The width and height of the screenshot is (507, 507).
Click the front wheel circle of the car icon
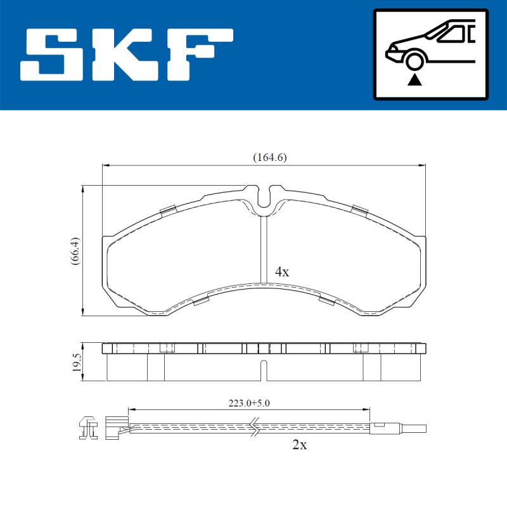415,61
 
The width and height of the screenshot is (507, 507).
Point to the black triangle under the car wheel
415,79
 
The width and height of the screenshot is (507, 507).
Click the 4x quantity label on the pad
282,272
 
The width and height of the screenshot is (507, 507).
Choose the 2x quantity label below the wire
299,445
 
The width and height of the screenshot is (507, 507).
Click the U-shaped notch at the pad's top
266,197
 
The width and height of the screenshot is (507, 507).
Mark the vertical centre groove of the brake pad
262,250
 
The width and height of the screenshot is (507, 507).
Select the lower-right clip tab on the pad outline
326,300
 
